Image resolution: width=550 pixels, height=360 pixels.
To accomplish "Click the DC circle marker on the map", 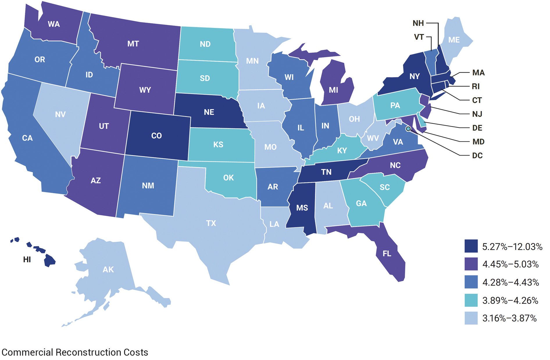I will click(408, 128).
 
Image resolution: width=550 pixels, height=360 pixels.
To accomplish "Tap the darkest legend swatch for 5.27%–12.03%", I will click(471, 246).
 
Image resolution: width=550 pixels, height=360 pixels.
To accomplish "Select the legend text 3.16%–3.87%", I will click(509, 318).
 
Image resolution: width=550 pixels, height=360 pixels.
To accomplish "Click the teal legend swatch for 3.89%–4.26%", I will click(471, 300).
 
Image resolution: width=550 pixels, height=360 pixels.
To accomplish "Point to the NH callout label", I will click(418, 23).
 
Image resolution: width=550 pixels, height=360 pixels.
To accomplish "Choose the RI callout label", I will click(476, 86).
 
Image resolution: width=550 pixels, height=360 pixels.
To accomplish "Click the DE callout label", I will click(477, 128).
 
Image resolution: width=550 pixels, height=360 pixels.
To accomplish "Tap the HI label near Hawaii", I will click(27, 259).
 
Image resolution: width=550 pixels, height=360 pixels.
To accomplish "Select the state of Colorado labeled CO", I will click(156, 136).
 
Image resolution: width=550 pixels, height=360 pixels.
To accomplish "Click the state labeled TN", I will click(326, 172).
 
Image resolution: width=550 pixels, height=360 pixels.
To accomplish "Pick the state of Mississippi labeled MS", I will click(302, 208).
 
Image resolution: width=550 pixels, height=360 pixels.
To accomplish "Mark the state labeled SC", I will click(384, 187).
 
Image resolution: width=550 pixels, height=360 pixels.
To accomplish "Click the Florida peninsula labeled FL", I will click(387, 254).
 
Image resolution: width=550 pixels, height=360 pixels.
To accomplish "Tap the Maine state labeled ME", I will click(454, 40).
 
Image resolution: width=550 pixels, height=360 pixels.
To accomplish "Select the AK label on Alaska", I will click(108, 269).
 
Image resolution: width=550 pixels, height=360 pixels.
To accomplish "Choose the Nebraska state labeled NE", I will click(209, 112).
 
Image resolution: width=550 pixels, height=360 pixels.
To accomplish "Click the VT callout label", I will click(419, 37).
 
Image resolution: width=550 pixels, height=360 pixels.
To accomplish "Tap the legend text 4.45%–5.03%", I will click(510, 264).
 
